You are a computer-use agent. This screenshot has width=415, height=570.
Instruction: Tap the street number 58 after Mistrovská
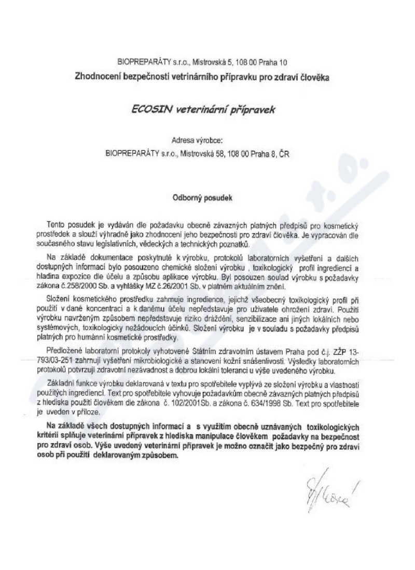217,153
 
